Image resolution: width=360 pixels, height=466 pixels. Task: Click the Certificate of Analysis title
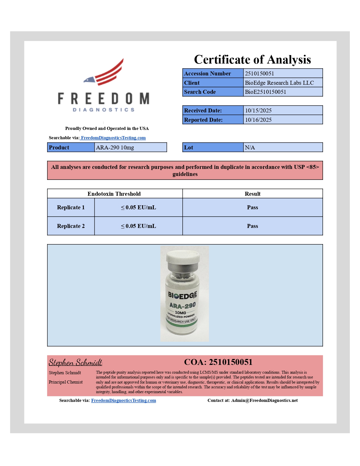pyautogui.click(x=252, y=60)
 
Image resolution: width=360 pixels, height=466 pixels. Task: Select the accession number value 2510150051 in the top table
pyautogui.click(x=259, y=73)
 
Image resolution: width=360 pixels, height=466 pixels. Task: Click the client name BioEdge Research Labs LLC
pyautogui.click(x=279, y=83)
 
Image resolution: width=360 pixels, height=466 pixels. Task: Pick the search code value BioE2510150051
pyautogui.click(x=265, y=92)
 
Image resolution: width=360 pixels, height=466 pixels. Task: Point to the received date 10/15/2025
pyautogui.click(x=258, y=110)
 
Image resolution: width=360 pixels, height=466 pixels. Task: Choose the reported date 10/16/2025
pyautogui.click(x=258, y=120)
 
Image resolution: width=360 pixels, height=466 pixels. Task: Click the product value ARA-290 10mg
pyautogui.click(x=115, y=147)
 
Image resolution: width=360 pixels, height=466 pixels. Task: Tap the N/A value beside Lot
pyautogui.click(x=250, y=147)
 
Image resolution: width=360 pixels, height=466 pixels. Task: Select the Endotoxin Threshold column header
pyautogui.click(x=114, y=194)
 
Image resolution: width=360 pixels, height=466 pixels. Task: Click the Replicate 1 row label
pyautogui.click(x=71, y=207)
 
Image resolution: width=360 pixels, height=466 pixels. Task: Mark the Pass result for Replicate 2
pyautogui.click(x=252, y=226)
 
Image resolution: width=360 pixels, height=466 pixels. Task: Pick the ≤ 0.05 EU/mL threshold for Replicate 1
pyautogui.click(x=138, y=207)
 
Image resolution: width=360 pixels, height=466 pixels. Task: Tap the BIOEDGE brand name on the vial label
pyautogui.click(x=182, y=295)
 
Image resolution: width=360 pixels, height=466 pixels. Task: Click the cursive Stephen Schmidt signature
pyautogui.click(x=75, y=362)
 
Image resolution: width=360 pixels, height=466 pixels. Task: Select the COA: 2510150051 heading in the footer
pyautogui.click(x=218, y=362)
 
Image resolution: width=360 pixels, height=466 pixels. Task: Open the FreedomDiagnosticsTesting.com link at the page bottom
pyautogui.click(x=123, y=400)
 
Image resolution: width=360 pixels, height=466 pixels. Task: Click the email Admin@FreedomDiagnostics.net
pyautogui.click(x=264, y=400)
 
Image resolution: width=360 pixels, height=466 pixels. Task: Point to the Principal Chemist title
pyautogui.click(x=66, y=382)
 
